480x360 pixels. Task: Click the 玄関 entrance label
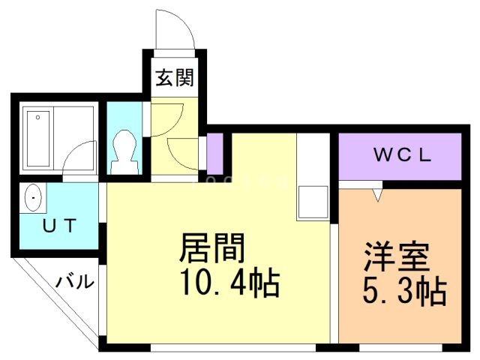tap(175, 77)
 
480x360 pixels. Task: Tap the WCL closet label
tap(403, 156)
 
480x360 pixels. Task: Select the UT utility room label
tap(57, 225)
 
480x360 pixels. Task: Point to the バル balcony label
tap(77, 283)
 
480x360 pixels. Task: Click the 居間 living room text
tap(212, 248)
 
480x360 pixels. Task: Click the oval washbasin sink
tap(34, 199)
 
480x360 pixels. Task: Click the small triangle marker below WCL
tap(378, 195)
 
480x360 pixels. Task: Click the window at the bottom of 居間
tap(233, 347)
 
